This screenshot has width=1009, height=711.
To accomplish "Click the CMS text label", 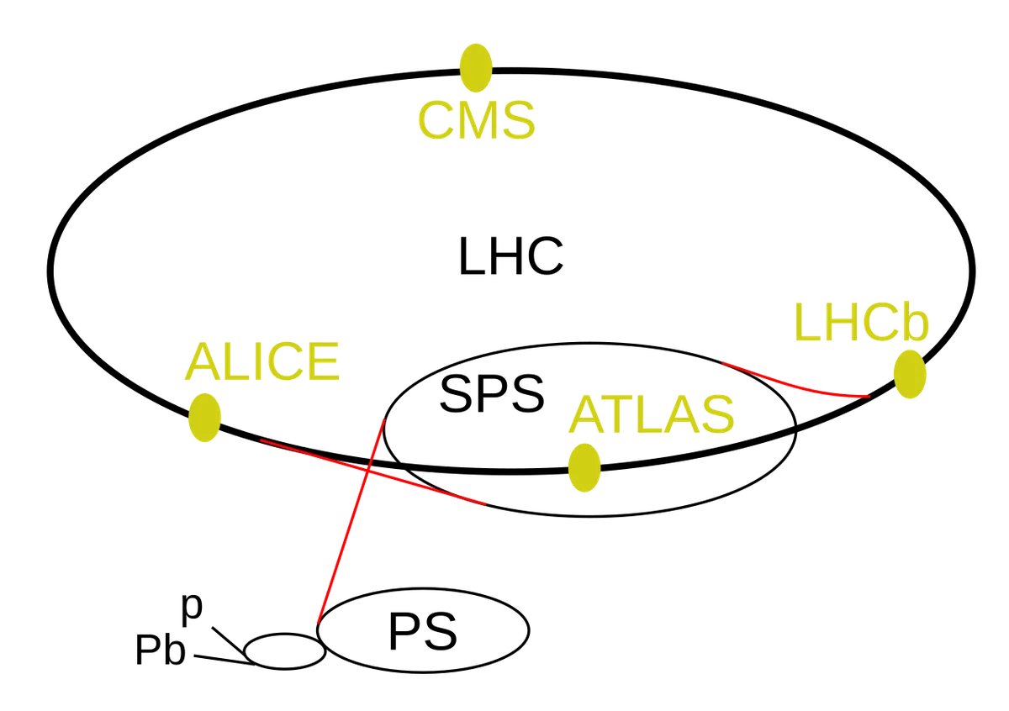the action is point(477,120).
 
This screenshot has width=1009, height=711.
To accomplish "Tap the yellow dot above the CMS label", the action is point(476,68).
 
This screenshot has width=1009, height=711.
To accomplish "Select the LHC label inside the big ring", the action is point(511,255).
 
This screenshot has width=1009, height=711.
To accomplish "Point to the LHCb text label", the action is point(861,322).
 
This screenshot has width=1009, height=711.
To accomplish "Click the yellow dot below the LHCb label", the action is point(910,374).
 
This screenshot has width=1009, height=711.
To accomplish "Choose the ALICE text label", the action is point(262,361).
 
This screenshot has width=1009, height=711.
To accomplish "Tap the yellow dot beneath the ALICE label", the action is point(204,418).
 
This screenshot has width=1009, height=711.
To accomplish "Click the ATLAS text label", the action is point(652,414).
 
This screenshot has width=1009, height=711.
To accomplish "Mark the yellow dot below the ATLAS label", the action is point(584,468).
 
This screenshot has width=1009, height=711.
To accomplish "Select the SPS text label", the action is point(492,394).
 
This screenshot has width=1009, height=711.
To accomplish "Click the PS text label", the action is point(422,631).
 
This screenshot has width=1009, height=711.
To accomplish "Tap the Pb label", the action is point(161,650).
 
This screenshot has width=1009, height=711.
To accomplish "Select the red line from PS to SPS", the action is point(351,521).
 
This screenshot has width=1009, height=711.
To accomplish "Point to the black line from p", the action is point(229,640).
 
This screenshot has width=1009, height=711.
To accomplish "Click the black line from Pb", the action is point(225,660).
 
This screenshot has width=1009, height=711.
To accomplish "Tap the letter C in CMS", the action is point(436,120).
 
